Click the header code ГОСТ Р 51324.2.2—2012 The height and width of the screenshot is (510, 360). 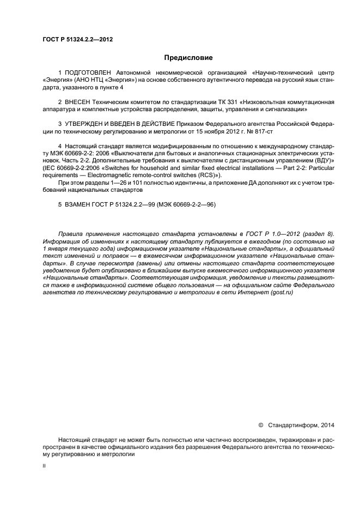pos(74,39)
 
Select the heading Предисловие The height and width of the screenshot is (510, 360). pos(188,57)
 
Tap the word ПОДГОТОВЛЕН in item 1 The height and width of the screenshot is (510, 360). pos(89,72)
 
